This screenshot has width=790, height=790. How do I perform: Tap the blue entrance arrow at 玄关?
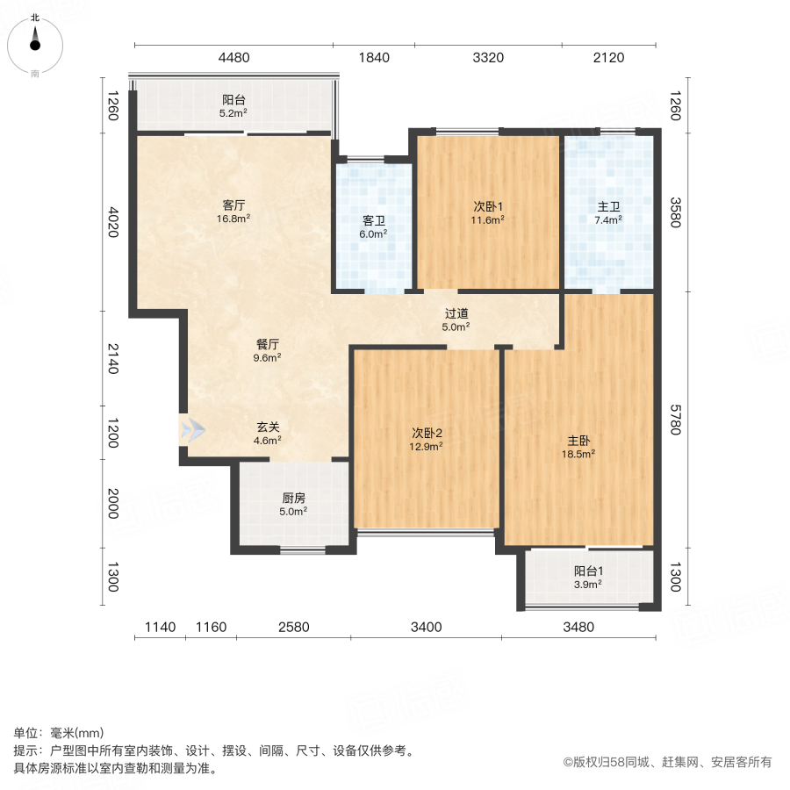[x=192, y=429]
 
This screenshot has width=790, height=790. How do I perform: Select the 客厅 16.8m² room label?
[x=233, y=213]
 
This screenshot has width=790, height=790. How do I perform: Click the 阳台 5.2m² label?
[x=233, y=106]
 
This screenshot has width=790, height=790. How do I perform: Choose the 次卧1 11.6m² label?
[x=489, y=213]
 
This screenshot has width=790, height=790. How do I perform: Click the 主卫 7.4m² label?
[x=608, y=213]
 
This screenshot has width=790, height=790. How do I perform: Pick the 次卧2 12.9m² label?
[x=427, y=439]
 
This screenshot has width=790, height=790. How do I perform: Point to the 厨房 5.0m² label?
[x=293, y=504]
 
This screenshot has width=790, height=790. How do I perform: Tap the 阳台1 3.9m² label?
[x=588, y=577]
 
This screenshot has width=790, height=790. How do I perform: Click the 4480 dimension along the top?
[x=234, y=58]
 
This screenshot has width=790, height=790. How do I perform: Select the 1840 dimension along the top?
[x=373, y=58]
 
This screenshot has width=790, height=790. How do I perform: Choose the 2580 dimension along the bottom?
[x=294, y=627]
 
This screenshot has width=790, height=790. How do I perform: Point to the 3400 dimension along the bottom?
[x=426, y=627]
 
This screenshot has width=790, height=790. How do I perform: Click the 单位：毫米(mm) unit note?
[x=59, y=734]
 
